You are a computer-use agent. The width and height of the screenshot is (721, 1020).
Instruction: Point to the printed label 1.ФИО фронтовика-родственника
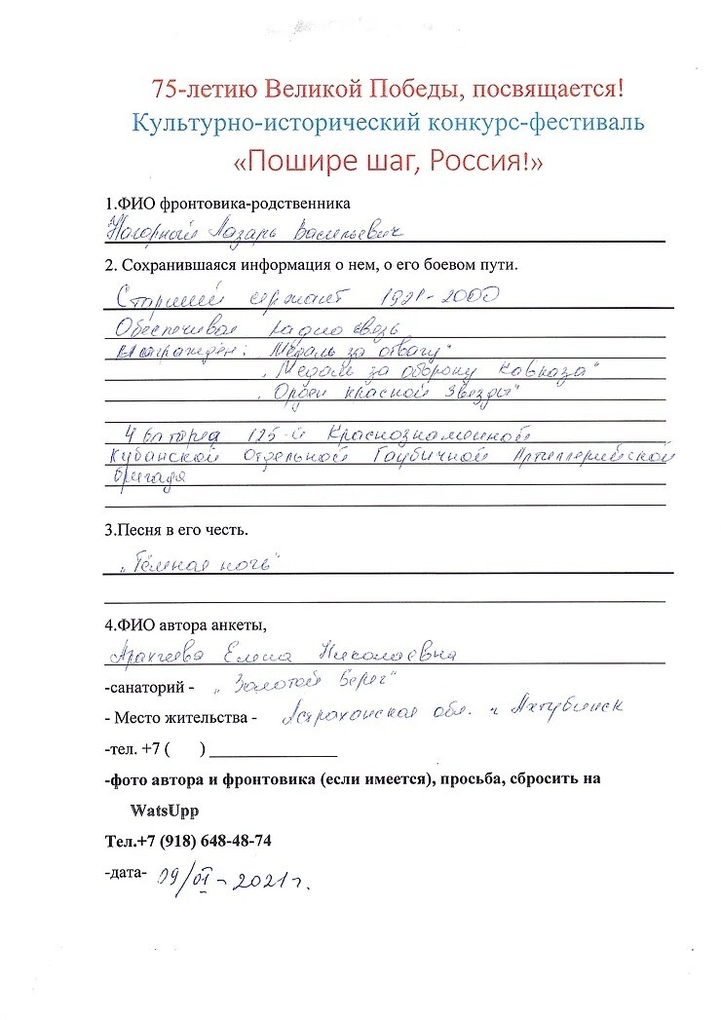point(227,204)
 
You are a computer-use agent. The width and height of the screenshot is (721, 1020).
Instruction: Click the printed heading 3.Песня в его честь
point(176,531)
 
